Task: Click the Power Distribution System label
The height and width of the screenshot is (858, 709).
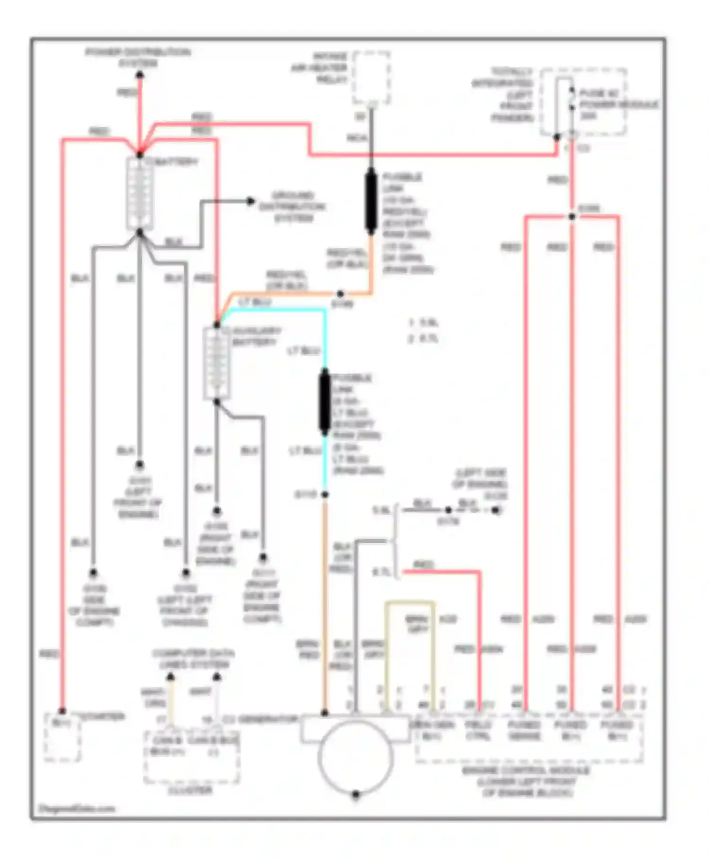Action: pos(138,58)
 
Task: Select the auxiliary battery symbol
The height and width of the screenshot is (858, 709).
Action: pos(216,363)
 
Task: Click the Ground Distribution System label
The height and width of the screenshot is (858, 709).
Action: pos(292,207)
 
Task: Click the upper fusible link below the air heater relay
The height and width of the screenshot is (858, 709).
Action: pos(371,201)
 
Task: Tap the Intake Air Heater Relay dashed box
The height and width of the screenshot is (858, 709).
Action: pos(372,78)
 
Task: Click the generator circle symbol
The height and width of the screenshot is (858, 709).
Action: pos(355,757)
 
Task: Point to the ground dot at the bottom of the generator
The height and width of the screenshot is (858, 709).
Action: pos(356,794)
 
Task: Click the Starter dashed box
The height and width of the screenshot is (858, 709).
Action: pos(62,737)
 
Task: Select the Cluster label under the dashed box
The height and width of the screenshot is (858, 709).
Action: pos(190,790)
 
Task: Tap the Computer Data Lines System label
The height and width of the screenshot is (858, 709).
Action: pos(193,659)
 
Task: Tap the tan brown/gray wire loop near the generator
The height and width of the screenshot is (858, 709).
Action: pos(410,603)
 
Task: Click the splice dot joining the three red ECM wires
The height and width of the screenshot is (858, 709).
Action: pos(571,217)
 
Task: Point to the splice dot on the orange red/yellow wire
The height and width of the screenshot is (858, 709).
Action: pos(340,294)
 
